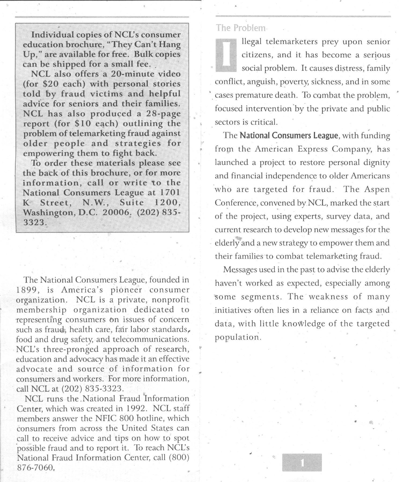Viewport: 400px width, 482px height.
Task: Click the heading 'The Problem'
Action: (241, 28)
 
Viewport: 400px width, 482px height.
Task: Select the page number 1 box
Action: (302, 462)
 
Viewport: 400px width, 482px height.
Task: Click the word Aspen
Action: (377, 189)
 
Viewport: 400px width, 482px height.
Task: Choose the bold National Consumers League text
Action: (288, 135)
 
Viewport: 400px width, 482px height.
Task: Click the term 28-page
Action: (163, 114)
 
